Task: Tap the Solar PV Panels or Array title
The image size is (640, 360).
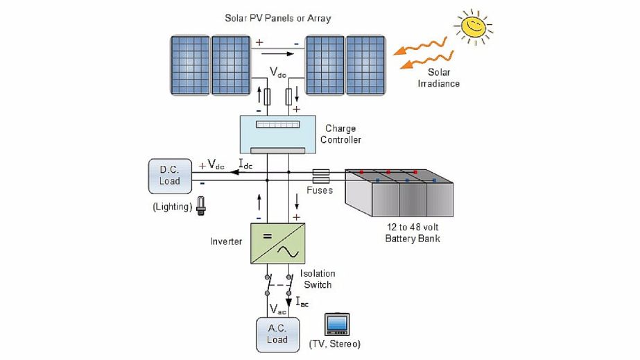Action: pyautogui.click(x=277, y=18)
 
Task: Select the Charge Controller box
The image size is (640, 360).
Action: pyautogui.click(x=277, y=133)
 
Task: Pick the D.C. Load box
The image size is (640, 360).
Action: pyautogui.click(x=170, y=175)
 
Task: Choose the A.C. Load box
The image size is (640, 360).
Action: pyautogui.click(x=277, y=334)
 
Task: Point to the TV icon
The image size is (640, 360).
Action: pyautogui.click(x=338, y=325)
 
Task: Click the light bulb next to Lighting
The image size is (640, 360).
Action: pyautogui.click(x=201, y=205)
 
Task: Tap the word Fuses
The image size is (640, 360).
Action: pyautogui.click(x=320, y=190)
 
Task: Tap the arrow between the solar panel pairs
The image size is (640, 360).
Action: pyautogui.click(x=277, y=53)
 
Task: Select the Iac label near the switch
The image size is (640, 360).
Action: pyautogui.click(x=302, y=302)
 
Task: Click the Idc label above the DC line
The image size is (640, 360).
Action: pyautogui.click(x=245, y=164)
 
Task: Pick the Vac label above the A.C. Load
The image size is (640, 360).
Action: pyautogui.click(x=277, y=309)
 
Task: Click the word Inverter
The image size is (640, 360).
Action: pyautogui.click(x=226, y=241)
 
